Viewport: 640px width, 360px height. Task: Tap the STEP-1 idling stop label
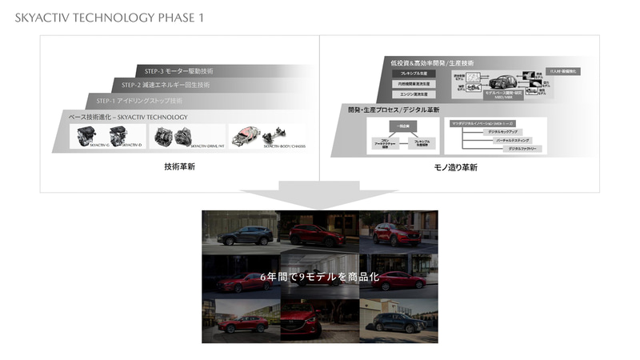(139, 101)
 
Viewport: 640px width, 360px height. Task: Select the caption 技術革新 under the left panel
(179, 168)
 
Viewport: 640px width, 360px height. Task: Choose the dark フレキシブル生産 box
(409, 73)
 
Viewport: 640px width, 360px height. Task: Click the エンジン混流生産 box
(409, 94)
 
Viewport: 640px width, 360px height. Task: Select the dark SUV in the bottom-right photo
(398, 323)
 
